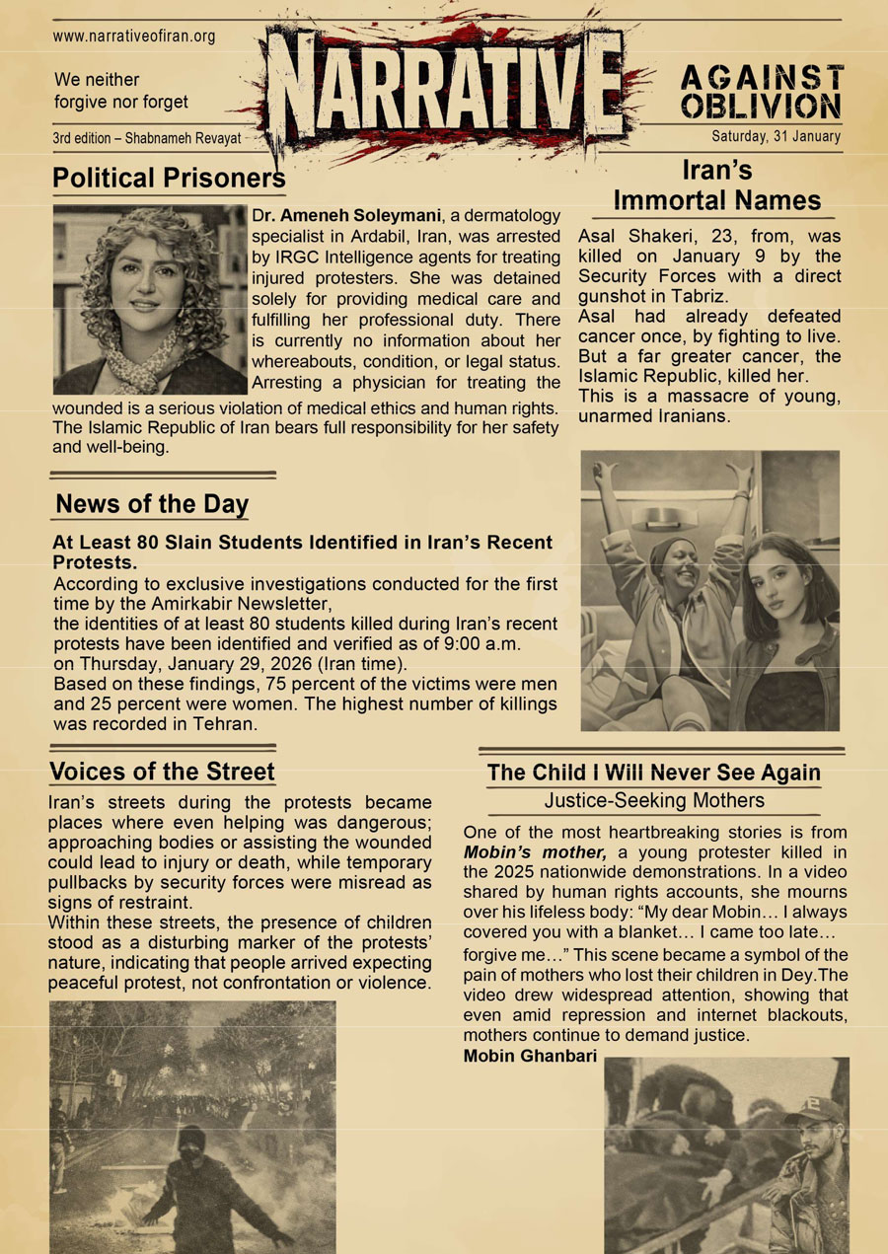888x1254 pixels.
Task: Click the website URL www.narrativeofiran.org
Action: click(134, 37)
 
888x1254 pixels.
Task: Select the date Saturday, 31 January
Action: click(776, 137)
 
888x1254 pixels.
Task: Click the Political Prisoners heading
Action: click(169, 179)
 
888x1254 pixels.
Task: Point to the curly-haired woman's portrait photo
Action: click(148, 299)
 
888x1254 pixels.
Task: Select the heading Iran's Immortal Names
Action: click(717, 185)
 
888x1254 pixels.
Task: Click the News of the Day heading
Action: click(152, 504)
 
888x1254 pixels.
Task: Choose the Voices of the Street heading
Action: click(162, 771)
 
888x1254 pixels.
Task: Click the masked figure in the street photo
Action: click(193, 1184)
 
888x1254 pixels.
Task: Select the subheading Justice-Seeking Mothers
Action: click(654, 800)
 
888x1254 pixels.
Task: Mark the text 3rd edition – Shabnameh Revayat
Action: click(147, 138)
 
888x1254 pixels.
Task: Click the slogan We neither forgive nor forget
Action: click(120, 91)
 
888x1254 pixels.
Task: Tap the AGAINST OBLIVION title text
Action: click(761, 93)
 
